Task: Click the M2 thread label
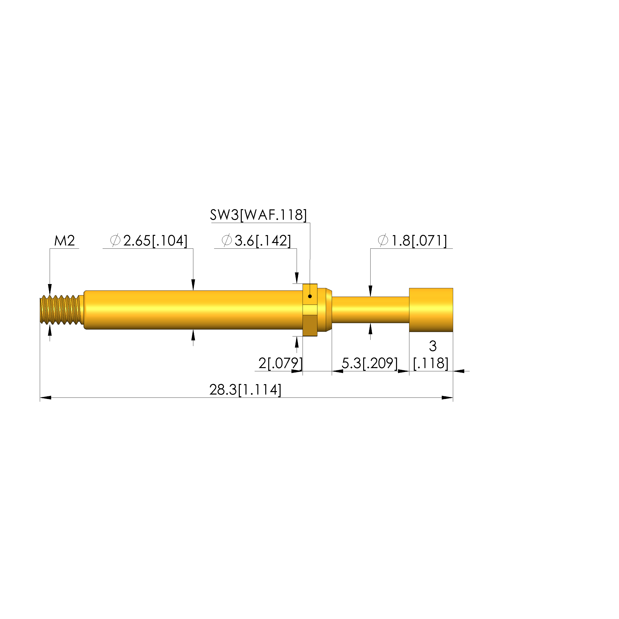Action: click(65, 241)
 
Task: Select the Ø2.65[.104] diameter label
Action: click(149, 241)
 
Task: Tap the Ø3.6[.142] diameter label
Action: click(256, 241)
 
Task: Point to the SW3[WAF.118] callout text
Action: click(258, 215)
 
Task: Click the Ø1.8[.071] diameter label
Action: click(412, 241)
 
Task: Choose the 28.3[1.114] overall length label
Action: click(245, 390)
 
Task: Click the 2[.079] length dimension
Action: click(281, 363)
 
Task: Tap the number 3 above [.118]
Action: click(433, 346)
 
